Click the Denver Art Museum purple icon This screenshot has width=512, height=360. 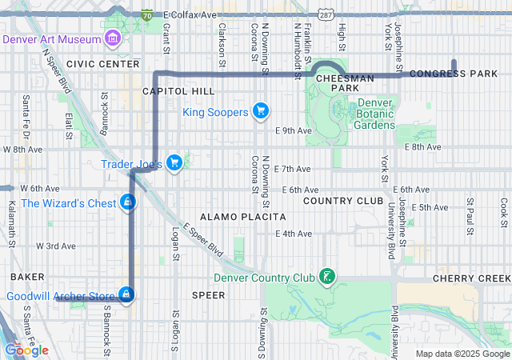113,38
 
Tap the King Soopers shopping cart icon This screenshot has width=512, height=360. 260,111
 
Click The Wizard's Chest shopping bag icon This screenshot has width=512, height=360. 127,202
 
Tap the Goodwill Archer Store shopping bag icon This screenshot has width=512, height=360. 126,296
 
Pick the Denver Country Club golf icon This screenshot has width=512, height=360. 326,278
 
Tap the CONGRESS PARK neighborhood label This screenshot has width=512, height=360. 454,74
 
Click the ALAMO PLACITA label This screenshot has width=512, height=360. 242,217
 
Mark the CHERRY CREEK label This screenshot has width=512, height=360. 471,278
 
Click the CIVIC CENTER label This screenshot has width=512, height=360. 103,63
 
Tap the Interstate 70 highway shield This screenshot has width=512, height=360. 146,14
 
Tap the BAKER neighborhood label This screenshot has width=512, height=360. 26,276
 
